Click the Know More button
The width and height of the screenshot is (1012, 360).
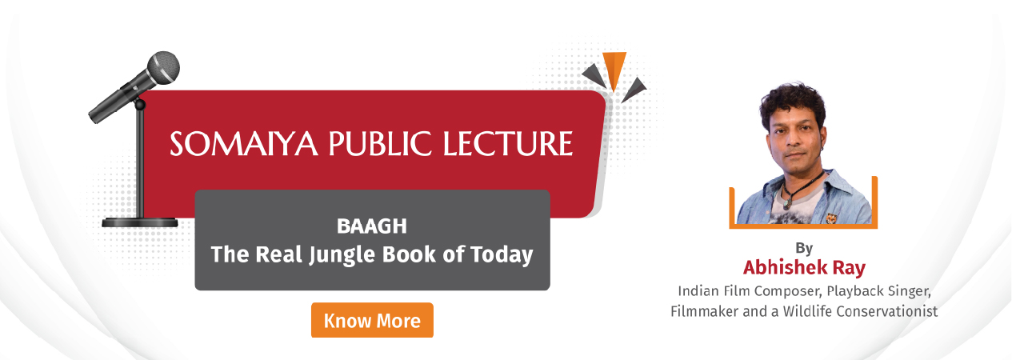point(372,320)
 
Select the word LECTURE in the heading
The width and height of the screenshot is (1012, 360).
point(507,144)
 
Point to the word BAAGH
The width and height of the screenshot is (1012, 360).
point(372,226)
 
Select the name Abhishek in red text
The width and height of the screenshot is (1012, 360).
point(785,267)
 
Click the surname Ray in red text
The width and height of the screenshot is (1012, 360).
point(849,268)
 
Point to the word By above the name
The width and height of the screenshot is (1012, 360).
point(804,248)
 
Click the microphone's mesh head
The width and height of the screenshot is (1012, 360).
point(163,68)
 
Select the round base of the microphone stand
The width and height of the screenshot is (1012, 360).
point(140,222)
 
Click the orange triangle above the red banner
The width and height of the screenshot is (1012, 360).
point(614,69)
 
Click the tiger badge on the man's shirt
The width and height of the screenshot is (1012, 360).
point(831,218)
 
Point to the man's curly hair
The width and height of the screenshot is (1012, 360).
point(793,102)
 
